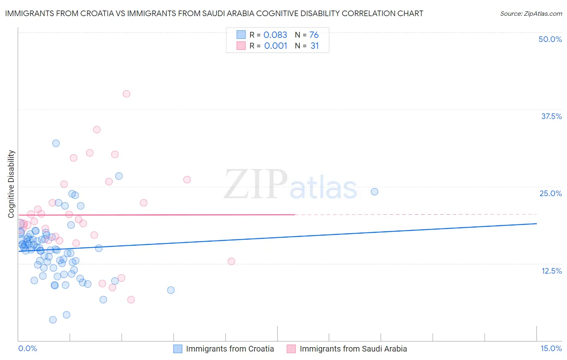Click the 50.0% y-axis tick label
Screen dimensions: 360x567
click(550, 39)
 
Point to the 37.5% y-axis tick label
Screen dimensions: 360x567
click(551, 116)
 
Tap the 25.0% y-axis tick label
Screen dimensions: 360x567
click(550, 193)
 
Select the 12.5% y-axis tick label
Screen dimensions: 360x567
click(551, 271)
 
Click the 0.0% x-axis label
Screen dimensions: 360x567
click(27, 348)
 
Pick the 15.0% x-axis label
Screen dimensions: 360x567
click(551, 348)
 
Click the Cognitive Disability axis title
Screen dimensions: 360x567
click(11, 184)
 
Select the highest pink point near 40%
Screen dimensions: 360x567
click(126, 94)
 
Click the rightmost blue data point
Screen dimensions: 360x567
click(374, 192)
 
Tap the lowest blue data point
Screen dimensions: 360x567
click(53, 320)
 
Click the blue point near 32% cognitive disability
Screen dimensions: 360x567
click(56, 143)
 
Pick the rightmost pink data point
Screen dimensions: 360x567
click(231, 261)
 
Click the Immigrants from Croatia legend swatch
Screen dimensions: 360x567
click(178, 349)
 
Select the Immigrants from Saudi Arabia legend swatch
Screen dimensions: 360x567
click(291, 349)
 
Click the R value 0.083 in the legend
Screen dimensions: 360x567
click(275, 35)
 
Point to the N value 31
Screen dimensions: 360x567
click(315, 46)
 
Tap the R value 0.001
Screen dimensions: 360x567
click(275, 46)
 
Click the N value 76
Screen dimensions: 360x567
click(314, 35)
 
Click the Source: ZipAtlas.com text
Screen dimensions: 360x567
click(531, 14)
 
